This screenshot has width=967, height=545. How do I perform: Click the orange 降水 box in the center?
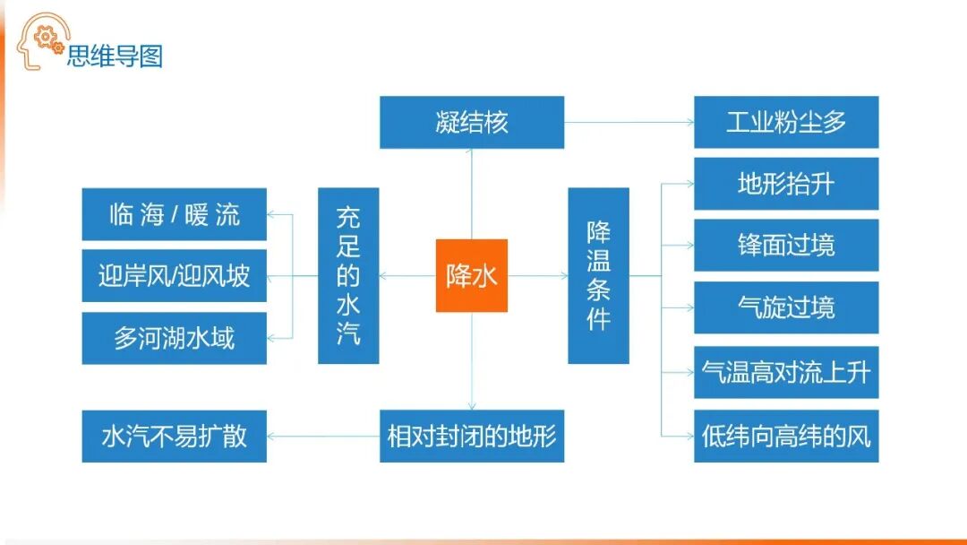pos(471,275)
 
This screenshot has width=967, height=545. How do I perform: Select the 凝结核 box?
pos(471,122)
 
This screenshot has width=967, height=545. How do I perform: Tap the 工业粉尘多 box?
pos(785,122)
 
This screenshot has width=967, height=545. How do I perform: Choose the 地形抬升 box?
pos(785,184)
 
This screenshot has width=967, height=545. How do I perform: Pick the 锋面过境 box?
pos(785,245)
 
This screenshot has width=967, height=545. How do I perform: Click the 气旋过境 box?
pos(785,307)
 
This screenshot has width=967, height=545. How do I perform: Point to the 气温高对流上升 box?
pos(785,372)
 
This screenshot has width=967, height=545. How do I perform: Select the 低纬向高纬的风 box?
pos(785,437)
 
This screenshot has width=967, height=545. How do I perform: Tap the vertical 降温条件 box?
pos(598,275)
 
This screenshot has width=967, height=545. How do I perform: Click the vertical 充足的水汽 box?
pos(348,275)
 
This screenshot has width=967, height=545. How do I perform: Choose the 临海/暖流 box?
pos(174,214)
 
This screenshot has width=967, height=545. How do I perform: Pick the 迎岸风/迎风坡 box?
pos(174,275)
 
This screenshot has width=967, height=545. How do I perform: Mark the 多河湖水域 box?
pos(174,338)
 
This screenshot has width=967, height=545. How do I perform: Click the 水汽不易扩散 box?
pos(174,437)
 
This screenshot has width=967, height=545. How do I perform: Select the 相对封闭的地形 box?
pos(471,437)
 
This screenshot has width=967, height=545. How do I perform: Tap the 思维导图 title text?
pos(115,56)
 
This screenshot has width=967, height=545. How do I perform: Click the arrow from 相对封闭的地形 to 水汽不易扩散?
pos(323,437)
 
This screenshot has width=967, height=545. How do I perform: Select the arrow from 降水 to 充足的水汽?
pos(407,275)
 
